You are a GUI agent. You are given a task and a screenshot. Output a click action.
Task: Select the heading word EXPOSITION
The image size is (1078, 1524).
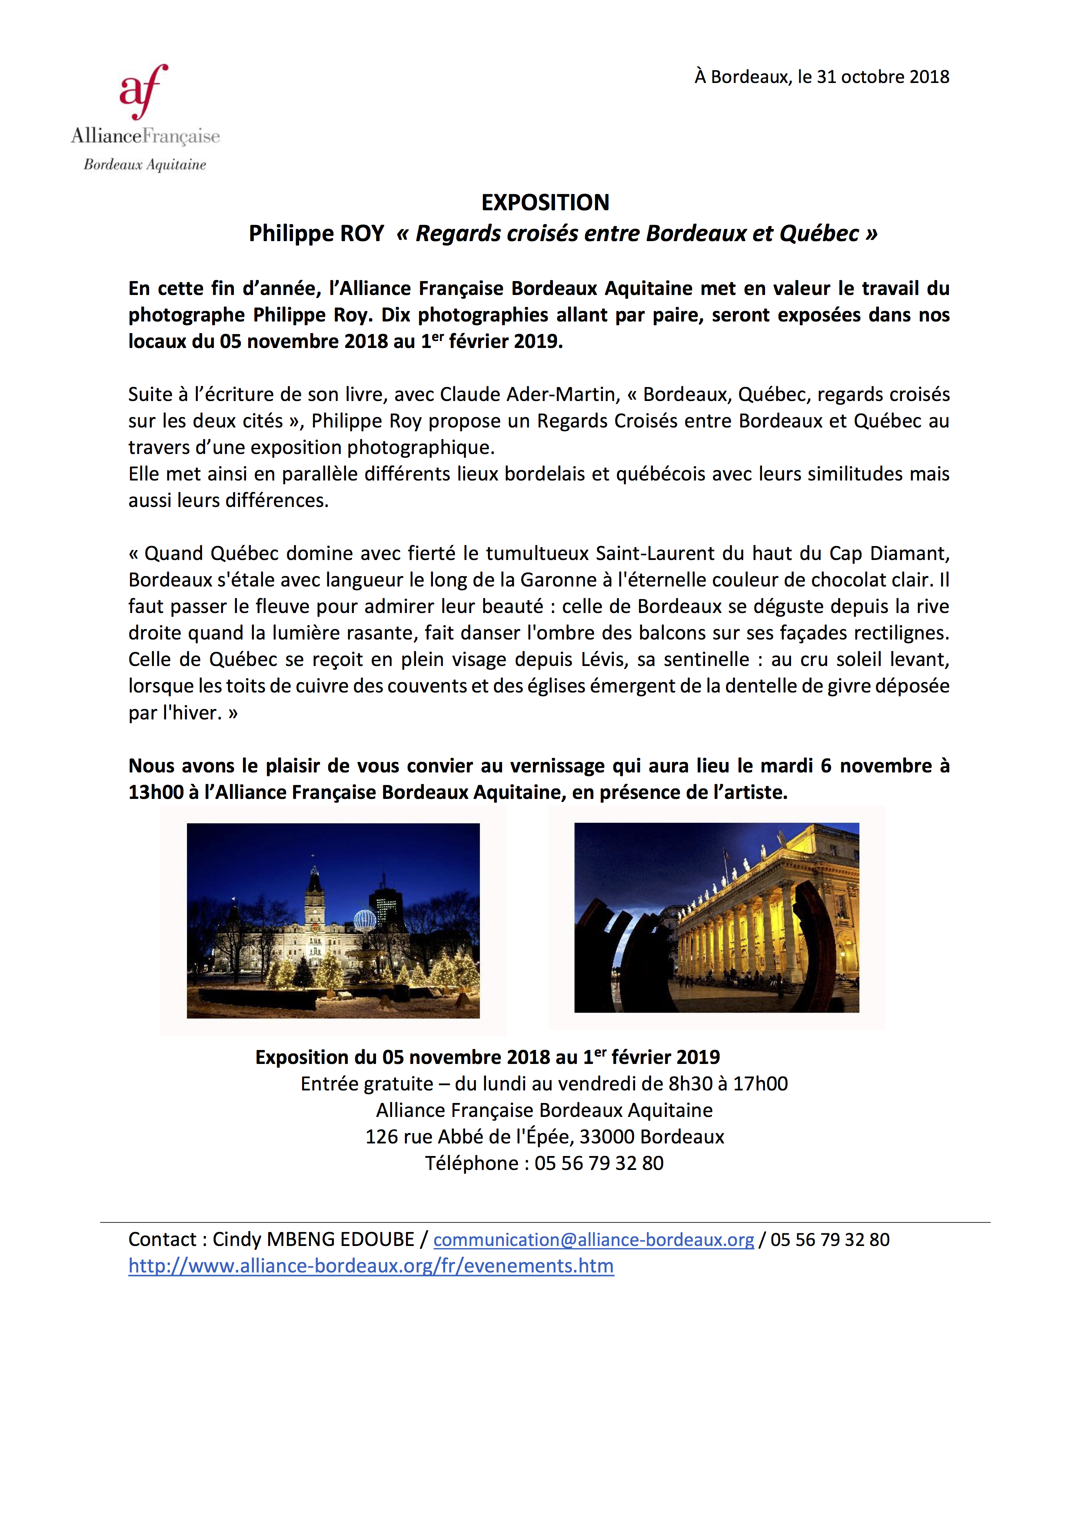coord(545,202)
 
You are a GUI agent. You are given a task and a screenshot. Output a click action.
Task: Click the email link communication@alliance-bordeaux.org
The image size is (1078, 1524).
coord(593,1239)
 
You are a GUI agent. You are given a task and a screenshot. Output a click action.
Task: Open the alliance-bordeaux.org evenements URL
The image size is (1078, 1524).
coord(371,1266)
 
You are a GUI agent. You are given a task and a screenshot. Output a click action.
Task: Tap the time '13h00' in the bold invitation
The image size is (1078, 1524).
coord(156,792)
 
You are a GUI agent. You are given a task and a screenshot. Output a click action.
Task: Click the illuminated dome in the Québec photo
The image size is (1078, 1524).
coord(365,919)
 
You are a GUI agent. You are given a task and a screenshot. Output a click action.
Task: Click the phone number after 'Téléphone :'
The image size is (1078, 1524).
coord(599,1163)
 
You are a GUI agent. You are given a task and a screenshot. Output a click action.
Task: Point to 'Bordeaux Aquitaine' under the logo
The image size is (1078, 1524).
coord(145,165)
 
